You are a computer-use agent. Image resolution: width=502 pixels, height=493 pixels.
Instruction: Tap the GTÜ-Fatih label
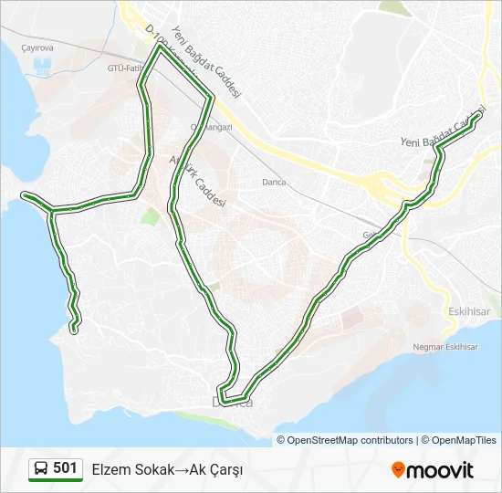(124, 68)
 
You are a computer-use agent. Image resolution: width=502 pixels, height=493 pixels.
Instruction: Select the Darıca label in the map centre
(273, 182)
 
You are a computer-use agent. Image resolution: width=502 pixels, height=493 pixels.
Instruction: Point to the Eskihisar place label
(470, 310)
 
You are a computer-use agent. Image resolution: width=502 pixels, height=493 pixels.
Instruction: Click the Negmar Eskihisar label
(446, 347)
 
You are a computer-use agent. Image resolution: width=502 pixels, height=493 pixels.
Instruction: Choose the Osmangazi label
(212, 127)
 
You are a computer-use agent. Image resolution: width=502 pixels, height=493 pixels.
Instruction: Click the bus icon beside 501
(41, 469)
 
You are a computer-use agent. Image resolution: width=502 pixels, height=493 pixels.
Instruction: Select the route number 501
(65, 468)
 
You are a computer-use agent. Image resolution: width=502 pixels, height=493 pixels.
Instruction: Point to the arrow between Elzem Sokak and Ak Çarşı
(181, 469)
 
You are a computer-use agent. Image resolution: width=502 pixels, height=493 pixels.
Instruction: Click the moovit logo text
(441, 470)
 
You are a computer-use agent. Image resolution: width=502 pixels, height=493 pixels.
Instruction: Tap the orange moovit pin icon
(398, 470)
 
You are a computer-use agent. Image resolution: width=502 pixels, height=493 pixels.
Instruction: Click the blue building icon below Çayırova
(42, 67)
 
